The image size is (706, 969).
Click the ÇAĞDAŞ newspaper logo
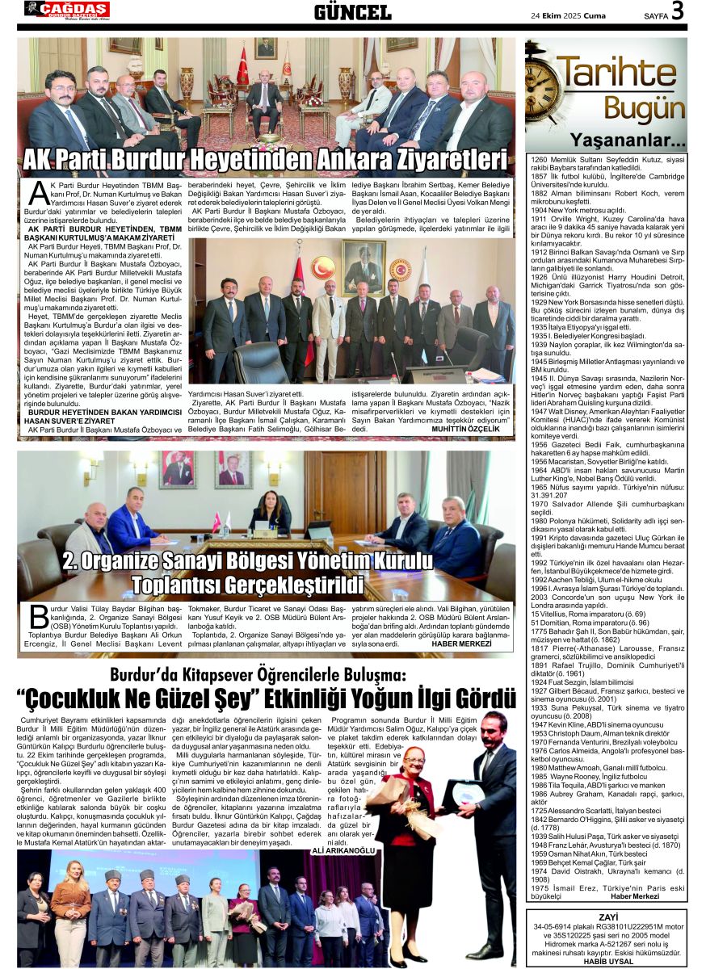[x=66, y=10]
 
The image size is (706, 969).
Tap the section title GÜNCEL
[x=352, y=11]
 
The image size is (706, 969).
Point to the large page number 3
[x=676, y=10]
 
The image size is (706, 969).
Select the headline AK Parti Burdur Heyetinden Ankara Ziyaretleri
[x=265, y=158]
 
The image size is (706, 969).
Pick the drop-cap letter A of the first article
[x=35, y=194]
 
